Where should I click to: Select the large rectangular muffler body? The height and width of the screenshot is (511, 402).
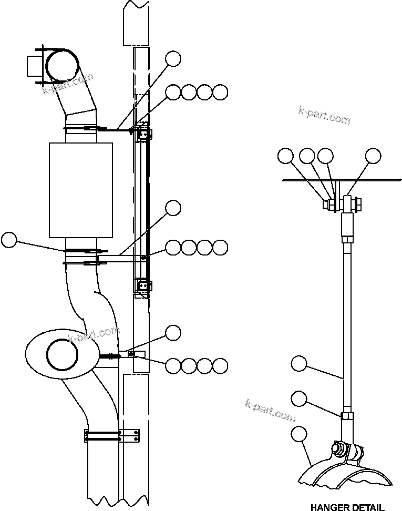[x=81, y=189]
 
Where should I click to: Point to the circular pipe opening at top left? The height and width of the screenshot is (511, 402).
[x=62, y=65]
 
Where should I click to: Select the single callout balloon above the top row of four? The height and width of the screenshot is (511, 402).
[x=173, y=58]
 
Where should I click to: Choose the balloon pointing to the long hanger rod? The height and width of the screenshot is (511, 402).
[x=299, y=363]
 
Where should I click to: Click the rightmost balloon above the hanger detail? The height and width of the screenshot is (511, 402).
[x=373, y=156]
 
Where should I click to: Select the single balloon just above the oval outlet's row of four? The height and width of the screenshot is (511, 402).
[x=173, y=332]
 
